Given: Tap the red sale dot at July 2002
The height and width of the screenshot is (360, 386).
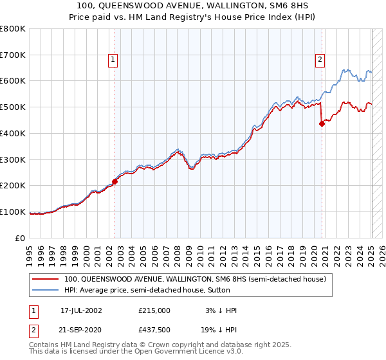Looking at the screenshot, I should coord(115,181).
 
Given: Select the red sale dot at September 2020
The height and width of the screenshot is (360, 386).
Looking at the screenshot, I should coord(322,124).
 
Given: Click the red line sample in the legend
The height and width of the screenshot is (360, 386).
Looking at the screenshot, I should coord(46,279).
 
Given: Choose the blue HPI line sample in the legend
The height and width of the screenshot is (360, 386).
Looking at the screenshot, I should coord(46,290).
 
